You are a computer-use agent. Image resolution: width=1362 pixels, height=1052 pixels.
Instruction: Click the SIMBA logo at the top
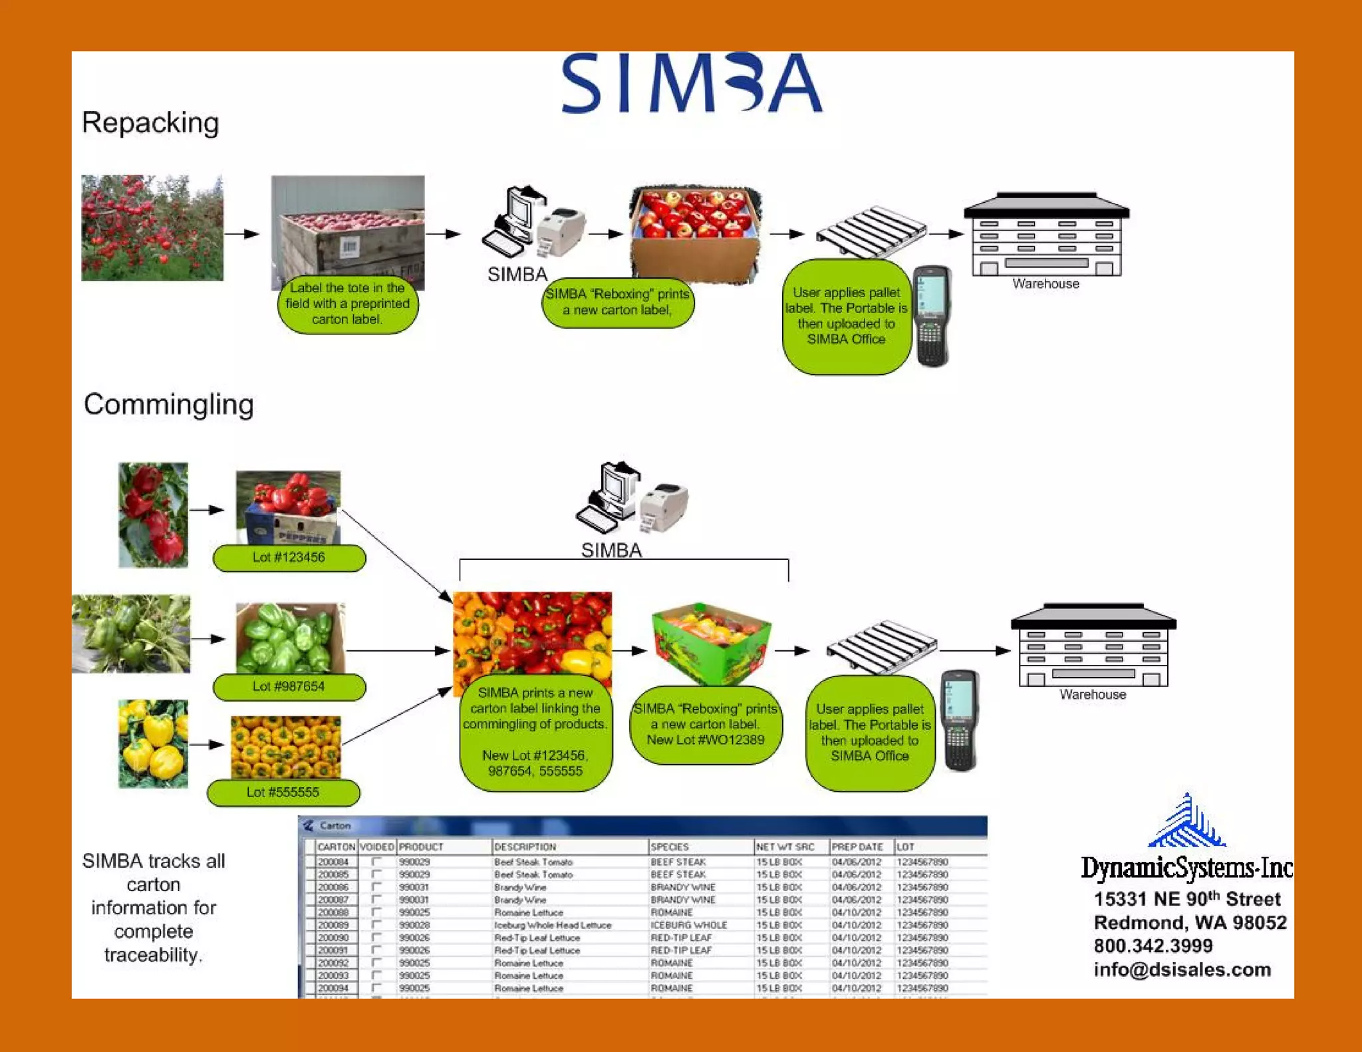pos(692,84)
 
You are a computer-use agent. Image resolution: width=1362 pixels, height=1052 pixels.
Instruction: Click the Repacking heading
pos(150,123)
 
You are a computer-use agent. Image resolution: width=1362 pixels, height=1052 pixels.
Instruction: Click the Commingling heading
pos(168,404)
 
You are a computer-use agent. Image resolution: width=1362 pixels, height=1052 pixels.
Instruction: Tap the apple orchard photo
pos(152,228)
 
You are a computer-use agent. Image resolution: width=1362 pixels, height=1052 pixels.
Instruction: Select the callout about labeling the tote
pos(347,304)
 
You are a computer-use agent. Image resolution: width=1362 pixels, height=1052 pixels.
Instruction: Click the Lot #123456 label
pos(289,557)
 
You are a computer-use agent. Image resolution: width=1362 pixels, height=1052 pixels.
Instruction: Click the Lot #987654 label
pos(289,686)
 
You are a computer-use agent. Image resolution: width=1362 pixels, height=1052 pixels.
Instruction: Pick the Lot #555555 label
pos(283,792)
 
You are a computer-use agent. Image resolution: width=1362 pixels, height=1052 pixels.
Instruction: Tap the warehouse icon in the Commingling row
pos(1093,646)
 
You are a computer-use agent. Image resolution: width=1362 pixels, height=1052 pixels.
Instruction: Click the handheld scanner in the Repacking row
pos(932,316)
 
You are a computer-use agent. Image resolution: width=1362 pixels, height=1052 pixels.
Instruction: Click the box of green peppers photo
pos(291,638)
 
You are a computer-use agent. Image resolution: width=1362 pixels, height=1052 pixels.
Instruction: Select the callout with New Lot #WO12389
pos(706,724)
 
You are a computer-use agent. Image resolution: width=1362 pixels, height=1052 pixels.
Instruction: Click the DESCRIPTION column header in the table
pos(525,847)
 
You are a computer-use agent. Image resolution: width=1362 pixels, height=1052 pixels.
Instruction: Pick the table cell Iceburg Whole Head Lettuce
pos(552,925)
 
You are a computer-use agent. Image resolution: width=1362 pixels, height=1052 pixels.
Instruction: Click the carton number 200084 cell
pos(333,862)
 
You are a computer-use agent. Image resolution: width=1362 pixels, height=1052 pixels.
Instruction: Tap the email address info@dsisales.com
pos(1182,970)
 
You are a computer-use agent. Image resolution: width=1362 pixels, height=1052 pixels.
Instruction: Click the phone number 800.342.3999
pos(1153,946)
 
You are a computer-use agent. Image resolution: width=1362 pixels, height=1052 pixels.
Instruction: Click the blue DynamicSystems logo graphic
pos(1187,822)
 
